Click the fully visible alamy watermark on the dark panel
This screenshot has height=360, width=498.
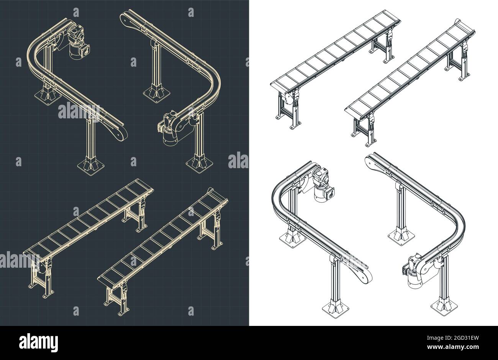[79, 111]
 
